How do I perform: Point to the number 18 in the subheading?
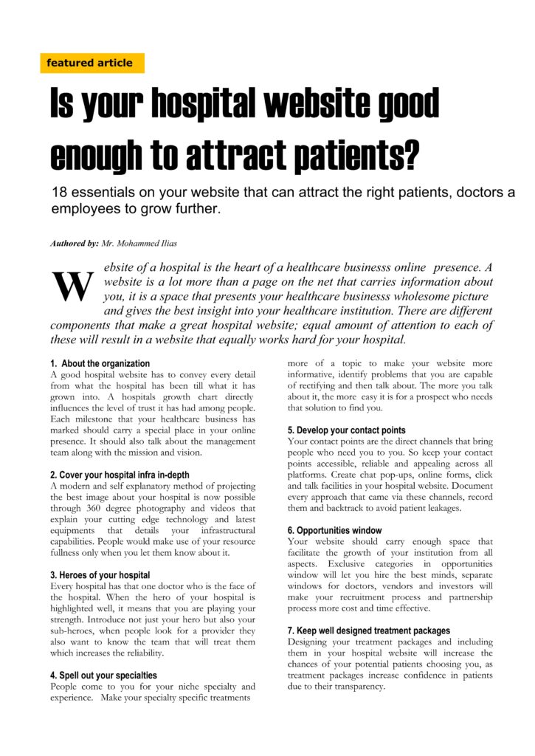[x=60, y=193]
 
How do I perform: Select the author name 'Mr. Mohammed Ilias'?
[x=145, y=243]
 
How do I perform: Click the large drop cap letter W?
[x=72, y=286]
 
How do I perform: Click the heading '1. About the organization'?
[x=100, y=364]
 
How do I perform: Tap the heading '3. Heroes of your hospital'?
[x=100, y=575]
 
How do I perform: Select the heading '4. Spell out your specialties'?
[x=103, y=676]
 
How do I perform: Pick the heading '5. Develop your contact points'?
[x=346, y=430]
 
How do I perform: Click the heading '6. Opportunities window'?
[x=334, y=531]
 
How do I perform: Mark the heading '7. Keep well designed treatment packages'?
[x=368, y=631]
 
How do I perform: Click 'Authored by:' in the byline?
[x=75, y=243]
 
